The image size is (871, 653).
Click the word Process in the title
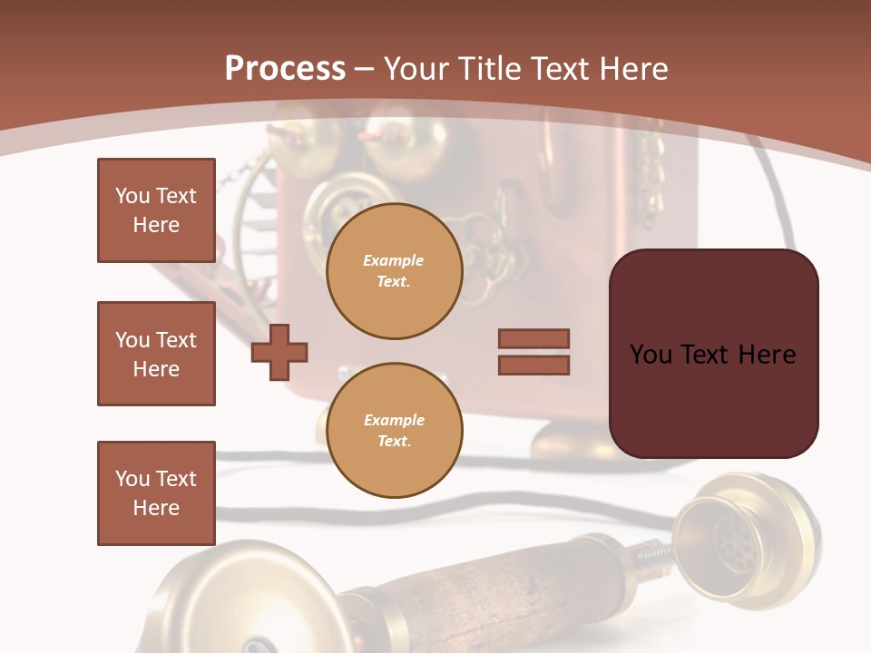point(285,69)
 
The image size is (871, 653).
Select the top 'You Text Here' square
point(156,210)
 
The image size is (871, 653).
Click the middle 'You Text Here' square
point(156,354)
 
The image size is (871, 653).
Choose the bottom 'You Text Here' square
point(156,493)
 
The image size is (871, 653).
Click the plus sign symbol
point(279,352)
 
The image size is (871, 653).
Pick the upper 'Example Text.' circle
point(394,271)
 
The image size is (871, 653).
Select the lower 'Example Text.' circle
point(394,431)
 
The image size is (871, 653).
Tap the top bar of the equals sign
point(533,338)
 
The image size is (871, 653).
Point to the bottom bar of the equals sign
point(533,365)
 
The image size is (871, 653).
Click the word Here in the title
point(633,69)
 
